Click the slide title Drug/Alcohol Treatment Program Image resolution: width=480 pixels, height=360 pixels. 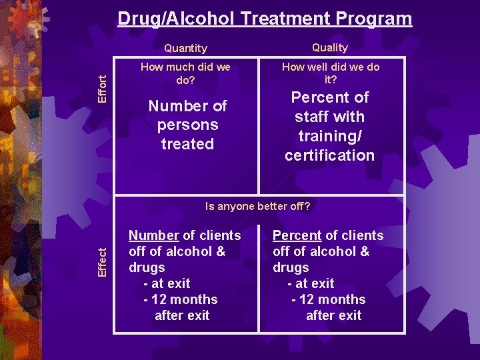click(265, 18)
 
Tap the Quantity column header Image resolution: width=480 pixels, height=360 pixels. click(185, 48)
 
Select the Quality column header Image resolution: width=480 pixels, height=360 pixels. click(330, 47)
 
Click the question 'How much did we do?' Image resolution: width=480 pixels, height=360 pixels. click(186, 73)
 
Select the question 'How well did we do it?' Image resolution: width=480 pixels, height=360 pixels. click(331, 73)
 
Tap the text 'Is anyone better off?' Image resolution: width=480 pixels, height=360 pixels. click(258, 206)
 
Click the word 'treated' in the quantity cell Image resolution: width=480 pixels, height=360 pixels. click(187, 144)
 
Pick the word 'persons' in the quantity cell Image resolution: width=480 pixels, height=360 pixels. click(187, 125)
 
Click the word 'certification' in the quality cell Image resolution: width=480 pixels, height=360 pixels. click(330, 155)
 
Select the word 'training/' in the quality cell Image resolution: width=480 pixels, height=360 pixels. click(330, 136)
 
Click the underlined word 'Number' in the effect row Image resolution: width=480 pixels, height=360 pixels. click(153, 235)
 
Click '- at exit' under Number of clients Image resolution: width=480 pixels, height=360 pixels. click(167, 283)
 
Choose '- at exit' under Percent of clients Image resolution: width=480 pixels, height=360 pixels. click(311, 283)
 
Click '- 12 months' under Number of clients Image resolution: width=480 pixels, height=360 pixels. click(180, 299)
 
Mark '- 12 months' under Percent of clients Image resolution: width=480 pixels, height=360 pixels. click(328, 299)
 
